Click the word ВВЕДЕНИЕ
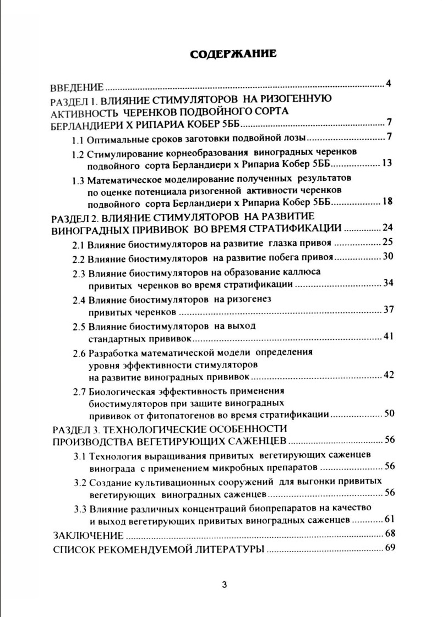(x=77, y=87)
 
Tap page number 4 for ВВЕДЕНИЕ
(x=388, y=84)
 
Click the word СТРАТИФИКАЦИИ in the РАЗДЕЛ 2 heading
(x=296, y=228)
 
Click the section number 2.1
(x=79, y=243)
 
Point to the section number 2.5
(x=79, y=326)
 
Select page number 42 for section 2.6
(x=389, y=376)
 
